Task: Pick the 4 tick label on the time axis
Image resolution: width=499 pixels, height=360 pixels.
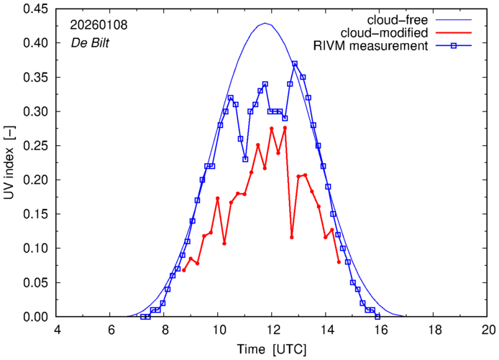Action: (x=58, y=330)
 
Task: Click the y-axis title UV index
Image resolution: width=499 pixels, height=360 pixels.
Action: (x=9, y=163)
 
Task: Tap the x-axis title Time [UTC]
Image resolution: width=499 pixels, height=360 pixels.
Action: (x=273, y=349)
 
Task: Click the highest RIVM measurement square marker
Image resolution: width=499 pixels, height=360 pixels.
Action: (x=295, y=64)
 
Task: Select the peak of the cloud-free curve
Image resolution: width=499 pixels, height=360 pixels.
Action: (x=265, y=24)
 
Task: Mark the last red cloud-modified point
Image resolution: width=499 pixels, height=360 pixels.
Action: (x=339, y=262)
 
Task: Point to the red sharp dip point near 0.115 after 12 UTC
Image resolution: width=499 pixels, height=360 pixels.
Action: (x=292, y=237)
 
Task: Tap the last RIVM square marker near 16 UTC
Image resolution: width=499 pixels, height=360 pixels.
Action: (x=377, y=317)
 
